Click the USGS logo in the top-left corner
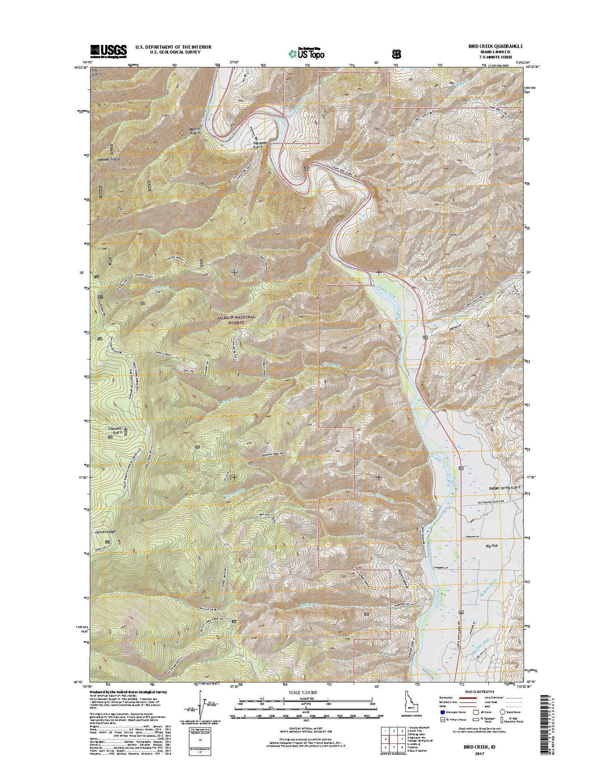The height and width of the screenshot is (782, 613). point(108,50)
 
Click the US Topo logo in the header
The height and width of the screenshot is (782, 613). point(306,52)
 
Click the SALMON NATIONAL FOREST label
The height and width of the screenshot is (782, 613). point(236,319)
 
